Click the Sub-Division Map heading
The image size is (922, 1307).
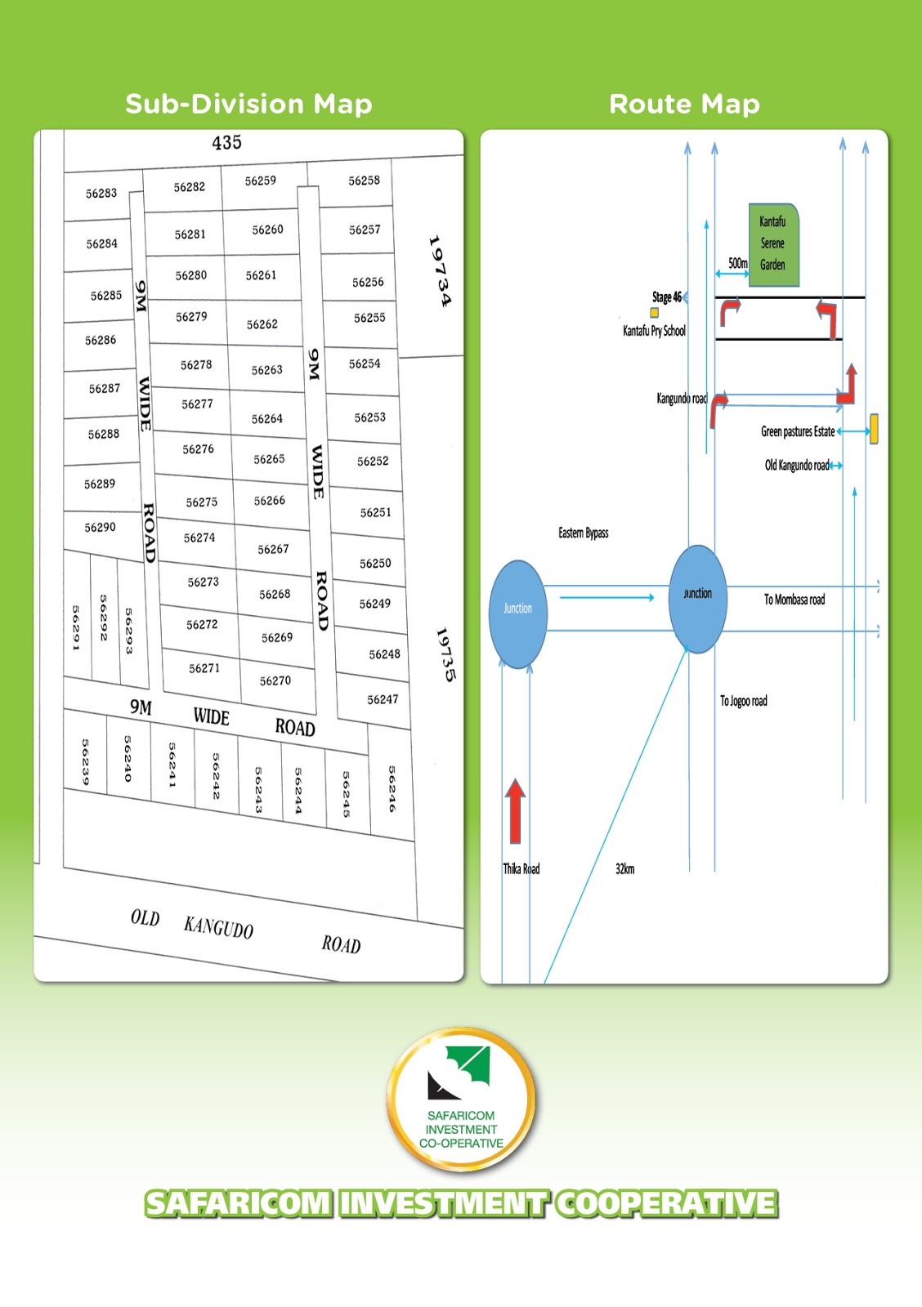tap(248, 104)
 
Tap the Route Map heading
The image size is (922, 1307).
tap(684, 104)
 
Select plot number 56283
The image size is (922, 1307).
tap(101, 194)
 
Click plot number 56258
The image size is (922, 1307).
tap(364, 181)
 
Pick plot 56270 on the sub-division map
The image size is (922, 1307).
tap(275, 680)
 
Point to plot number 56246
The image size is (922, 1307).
tap(392, 788)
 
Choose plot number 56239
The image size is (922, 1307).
tap(85, 762)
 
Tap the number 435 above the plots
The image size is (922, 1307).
tap(226, 142)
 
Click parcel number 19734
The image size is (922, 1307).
tap(439, 271)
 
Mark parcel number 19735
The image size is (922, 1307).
tap(445, 654)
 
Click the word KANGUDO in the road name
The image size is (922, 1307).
tap(218, 927)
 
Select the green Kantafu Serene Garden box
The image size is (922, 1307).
tap(772, 244)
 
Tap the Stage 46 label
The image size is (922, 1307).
tap(667, 297)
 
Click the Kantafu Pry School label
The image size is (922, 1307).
tap(654, 331)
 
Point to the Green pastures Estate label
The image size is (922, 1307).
tap(798, 431)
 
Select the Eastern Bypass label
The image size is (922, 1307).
tap(583, 533)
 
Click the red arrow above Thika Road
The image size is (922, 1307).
tap(515, 810)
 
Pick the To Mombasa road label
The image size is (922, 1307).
tap(794, 600)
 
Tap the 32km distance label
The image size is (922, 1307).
tap(624, 869)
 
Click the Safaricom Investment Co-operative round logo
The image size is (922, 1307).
tap(461, 1100)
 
